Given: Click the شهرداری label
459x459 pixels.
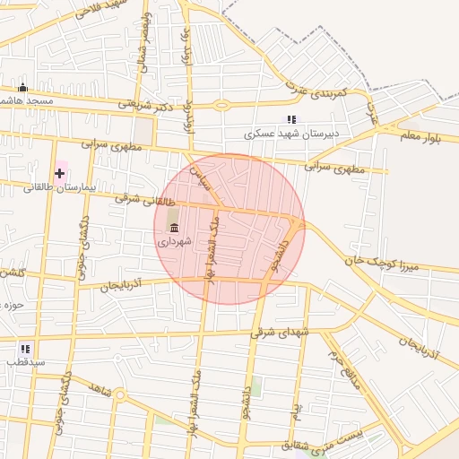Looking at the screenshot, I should pos(175,242).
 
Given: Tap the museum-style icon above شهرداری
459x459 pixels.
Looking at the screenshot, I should pos(174,228).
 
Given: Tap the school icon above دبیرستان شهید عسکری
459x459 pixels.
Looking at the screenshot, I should pos(290,118).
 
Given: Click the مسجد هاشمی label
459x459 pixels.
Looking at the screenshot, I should pos(27,101).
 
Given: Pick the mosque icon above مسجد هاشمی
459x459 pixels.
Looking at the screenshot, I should pos(23,87).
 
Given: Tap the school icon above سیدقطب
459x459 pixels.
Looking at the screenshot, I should pos(25,348).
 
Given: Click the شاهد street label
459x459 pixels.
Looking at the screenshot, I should pos(100,386).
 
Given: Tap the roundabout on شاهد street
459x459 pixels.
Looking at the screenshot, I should pos(120,395).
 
